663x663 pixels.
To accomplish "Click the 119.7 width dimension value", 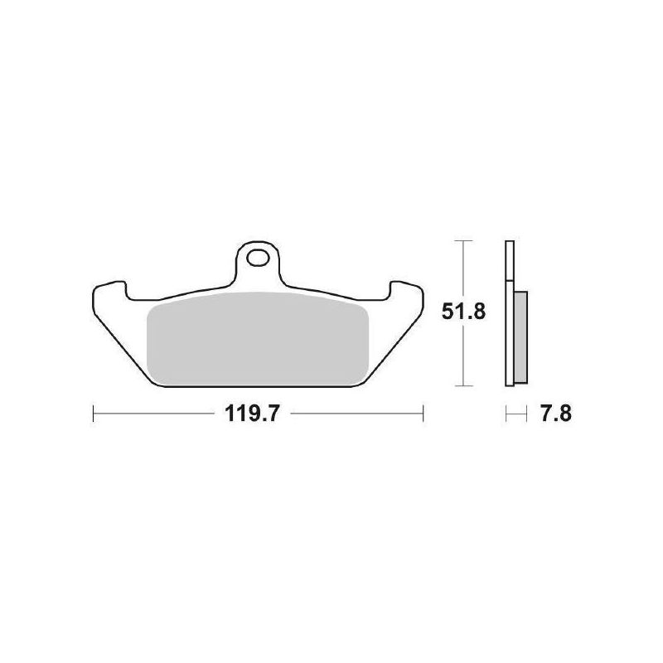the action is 252,413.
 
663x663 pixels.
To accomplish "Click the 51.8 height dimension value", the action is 463,312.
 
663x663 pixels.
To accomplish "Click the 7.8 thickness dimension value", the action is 555,413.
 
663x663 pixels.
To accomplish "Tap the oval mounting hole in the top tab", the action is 258,258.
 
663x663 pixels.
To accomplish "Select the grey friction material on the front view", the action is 258,338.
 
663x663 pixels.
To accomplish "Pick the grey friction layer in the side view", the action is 521,337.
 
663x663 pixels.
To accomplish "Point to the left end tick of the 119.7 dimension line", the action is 94,413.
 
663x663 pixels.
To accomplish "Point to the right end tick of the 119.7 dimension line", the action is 423,413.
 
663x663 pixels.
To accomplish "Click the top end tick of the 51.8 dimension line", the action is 464,240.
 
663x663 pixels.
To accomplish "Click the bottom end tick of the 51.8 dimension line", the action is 464,385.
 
